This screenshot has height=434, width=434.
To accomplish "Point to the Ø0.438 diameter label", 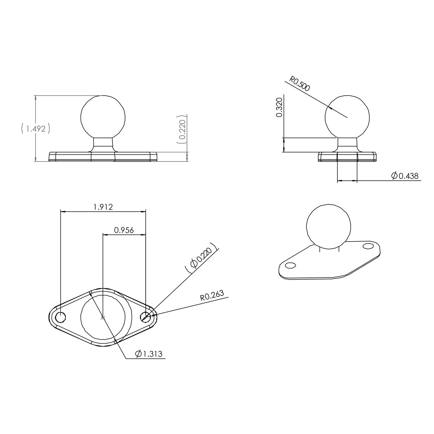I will pos(405,176).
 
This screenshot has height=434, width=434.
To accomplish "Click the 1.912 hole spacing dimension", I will pos(103,207).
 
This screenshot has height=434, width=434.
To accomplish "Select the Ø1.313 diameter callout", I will pos(149,354).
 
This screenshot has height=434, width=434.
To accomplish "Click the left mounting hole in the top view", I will pos(60,317).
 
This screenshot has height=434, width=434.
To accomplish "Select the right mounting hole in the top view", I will pos(146,317).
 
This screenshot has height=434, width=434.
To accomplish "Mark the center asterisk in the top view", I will pos(103,317).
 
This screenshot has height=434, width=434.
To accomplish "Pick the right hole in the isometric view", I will pos(368,246).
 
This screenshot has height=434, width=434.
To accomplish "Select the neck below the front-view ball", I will pos(103,144).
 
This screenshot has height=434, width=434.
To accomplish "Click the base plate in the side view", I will pos(347,157).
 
